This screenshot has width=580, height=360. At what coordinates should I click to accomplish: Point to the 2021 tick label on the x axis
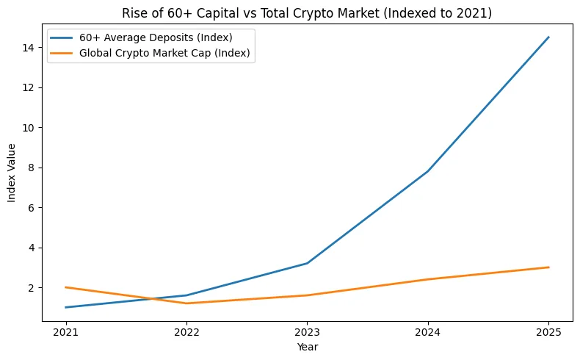point(65,331)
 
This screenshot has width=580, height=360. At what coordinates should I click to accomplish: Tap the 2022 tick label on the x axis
point(186,331)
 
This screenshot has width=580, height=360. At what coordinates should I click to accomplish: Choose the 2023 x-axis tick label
point(307,331)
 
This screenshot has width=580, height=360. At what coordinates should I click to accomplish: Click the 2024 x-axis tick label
point(428,331)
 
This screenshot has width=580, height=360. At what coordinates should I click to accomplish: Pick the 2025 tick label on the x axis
point(548,331)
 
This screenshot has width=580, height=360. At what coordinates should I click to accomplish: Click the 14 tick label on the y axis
point(30,48)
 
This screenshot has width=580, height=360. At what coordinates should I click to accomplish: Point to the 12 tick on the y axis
point(30,87)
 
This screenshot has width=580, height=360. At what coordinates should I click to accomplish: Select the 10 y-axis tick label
point(30,128)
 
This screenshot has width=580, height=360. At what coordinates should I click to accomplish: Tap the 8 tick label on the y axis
point(33,168)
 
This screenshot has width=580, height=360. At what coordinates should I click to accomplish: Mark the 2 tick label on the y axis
point(33,288)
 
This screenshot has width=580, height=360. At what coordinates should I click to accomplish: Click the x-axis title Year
point(307,346)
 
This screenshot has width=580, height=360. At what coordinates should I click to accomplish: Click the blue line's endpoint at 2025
point(548,37)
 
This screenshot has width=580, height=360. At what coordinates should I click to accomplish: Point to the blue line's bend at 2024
point(428,171)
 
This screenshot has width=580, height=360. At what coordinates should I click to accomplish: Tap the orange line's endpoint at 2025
point(548,267)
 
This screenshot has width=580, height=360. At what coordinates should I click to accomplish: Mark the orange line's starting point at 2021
point(65,287)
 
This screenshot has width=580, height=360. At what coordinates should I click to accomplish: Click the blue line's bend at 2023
point(307,263)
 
